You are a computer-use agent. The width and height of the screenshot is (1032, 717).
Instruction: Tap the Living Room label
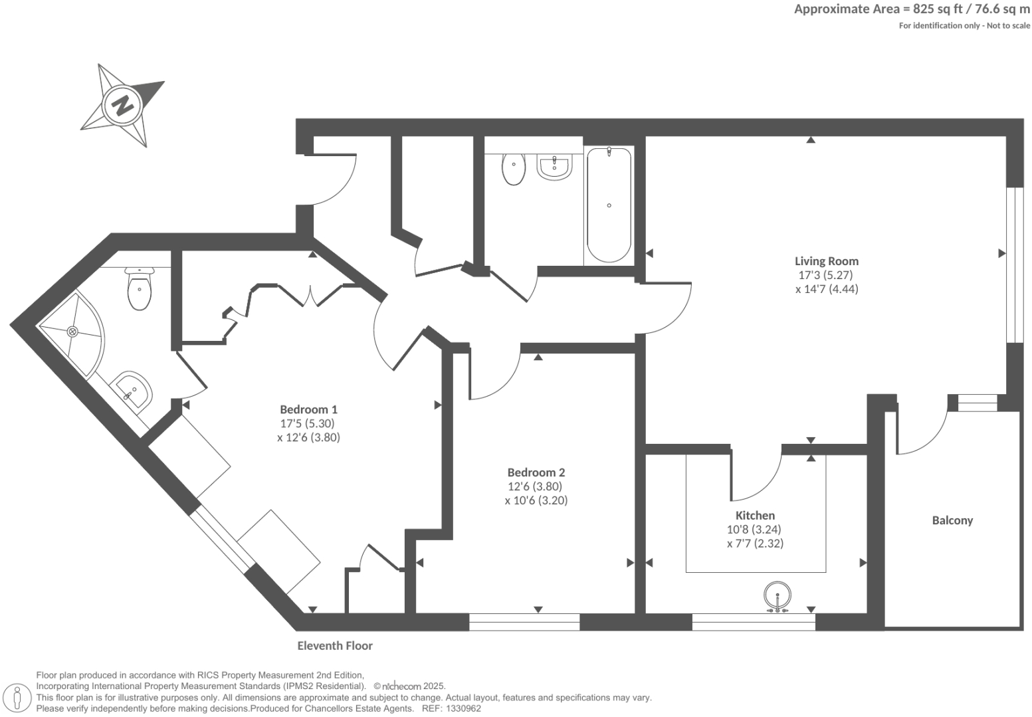click(x=827, y=261)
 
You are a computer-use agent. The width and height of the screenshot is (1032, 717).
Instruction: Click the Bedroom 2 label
click(x=536, y=472)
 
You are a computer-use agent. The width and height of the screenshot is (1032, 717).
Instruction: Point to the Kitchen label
click(x=755, y=515)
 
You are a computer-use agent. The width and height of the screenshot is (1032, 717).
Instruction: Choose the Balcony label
click(x=952, y=520)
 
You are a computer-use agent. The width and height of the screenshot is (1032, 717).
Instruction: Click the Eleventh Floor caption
click(x=335, y=645)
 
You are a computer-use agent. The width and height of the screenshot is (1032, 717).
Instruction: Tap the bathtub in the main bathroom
click(x=608, y=205)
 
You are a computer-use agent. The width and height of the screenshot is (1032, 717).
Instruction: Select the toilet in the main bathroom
click(x=514, y=169)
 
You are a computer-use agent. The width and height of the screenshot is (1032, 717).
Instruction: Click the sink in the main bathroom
click(x=554, y=167)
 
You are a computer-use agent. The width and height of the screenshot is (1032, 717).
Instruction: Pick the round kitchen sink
click(x=777, y=595)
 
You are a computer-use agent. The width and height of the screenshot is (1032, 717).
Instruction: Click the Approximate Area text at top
click(x=912, y=9)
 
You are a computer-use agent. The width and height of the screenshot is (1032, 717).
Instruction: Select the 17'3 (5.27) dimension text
click(x=825, y=275)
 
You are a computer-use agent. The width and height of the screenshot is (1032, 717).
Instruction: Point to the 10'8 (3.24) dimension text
click(x=754, y=530)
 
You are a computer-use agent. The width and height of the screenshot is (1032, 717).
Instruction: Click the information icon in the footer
click(x=17, y=698)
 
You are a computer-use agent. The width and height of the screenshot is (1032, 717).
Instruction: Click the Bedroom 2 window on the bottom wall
click(x=524, y=622)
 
